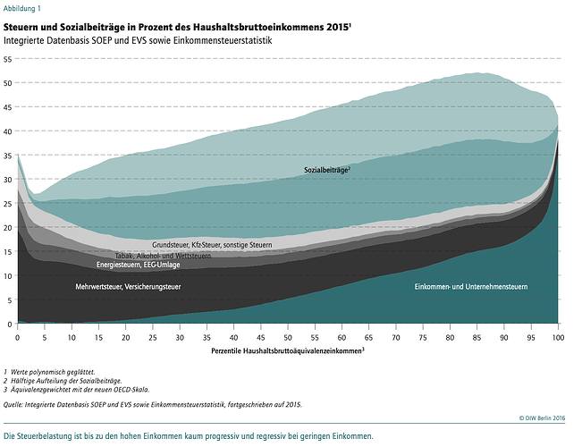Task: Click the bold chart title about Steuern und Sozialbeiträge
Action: pos(176,28)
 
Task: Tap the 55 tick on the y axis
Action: pos(8,59)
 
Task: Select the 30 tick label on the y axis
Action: pos(8,179)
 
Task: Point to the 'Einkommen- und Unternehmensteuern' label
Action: pos(471,287)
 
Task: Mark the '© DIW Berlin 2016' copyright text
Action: pos(544,417)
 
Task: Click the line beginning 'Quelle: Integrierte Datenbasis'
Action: pos(152,404)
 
